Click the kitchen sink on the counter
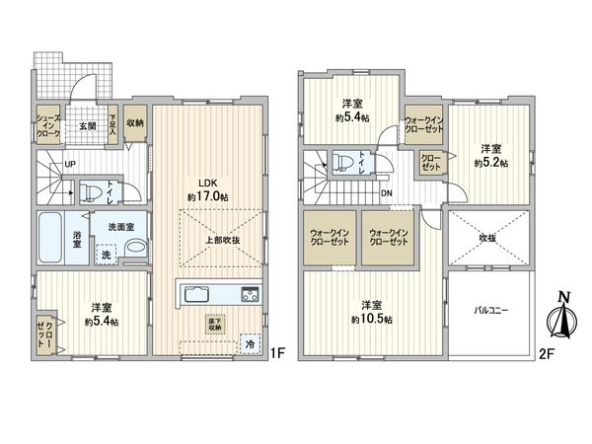pos(194,294)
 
